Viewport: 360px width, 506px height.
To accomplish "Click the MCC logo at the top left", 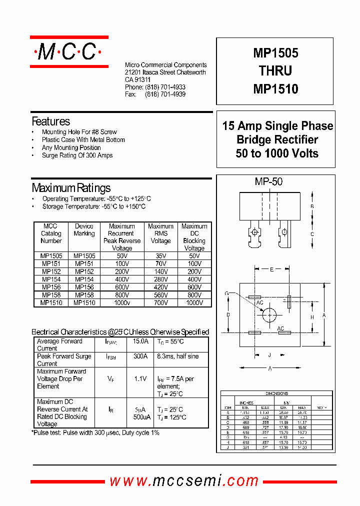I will coord(69,51).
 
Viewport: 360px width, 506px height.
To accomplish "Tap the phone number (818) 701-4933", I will coord(165,87).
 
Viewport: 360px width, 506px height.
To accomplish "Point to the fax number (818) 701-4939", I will coord(165,94).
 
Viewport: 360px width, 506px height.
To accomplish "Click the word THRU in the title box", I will coord(275,71).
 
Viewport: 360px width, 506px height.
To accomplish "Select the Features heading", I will coord(50,121).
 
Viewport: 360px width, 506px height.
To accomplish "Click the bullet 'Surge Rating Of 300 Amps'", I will coord(77,155).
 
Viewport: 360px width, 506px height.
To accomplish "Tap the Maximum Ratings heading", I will coord(71,188).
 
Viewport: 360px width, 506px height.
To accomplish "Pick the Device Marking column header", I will coord(84,230).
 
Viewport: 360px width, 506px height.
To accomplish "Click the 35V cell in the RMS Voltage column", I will coord(160,255).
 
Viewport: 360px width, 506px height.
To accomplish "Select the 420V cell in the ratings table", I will coord(160,287).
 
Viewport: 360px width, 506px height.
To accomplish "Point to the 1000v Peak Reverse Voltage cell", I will coord(121,302).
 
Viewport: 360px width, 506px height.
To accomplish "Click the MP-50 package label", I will coord(268,182).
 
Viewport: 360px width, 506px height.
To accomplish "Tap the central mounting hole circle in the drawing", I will coord(269,314).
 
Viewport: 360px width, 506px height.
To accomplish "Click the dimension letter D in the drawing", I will coord(227,315).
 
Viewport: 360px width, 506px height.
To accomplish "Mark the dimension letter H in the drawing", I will coord(311,317).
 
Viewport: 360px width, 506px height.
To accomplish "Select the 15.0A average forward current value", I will coord(140,341).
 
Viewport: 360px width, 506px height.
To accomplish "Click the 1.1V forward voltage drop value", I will coord(140,379).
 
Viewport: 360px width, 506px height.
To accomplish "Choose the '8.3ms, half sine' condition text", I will coord(177,356).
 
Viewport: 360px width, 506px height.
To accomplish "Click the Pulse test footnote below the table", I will coord(95,432).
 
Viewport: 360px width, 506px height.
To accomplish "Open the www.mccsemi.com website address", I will coord(184,481).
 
